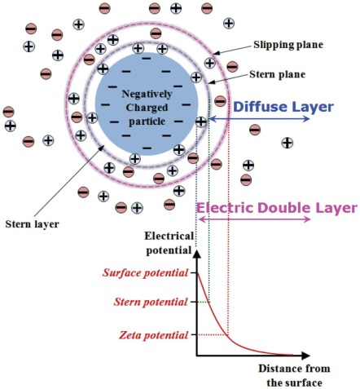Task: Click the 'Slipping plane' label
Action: click(x=288, y=45)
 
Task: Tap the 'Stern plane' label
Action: click(x=277, y=74)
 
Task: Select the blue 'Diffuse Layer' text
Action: click(x=283, y=107)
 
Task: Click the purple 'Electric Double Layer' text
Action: click(x=277, y=208)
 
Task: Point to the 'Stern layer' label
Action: click(x=32, y=224)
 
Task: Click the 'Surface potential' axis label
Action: click(x=145, y=272)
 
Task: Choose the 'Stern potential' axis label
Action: click(x=151, y=302)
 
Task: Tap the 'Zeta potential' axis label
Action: click(x=153, y=335)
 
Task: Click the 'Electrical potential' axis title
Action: click(x=169, y=243)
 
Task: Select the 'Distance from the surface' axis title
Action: click(x=294, y=376)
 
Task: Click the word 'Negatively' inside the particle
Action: click(x=147, y=94)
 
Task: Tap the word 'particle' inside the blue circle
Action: click(x=147, y=122)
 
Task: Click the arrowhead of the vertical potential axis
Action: click(x=197, y=254)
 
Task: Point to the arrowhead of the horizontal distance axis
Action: click(x=305, y=355)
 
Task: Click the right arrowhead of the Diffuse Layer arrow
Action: click(x=306, y=119)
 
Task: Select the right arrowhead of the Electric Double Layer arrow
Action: click(x=307, y=219)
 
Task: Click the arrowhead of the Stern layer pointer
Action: click(x=102, y=148)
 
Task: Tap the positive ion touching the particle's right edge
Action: click(x=201, y=122)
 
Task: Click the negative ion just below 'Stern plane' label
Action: click(x=220, y=101)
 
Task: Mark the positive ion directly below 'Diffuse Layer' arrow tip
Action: click(x=288, y=143)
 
